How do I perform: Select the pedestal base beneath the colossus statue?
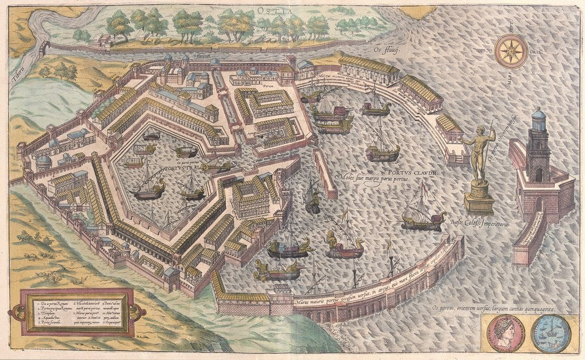tap(479, 200)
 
